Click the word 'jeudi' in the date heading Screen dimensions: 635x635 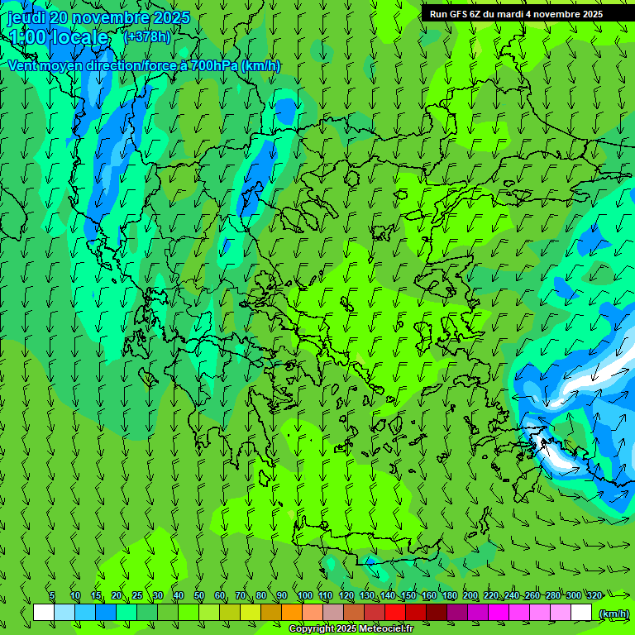[26, 17]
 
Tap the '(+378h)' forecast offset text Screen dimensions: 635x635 [146, 36]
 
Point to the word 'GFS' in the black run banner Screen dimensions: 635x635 [458, 14]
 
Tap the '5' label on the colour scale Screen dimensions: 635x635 [52, 595]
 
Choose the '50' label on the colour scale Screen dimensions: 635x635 [198, 595]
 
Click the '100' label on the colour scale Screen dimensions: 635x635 [305, 595]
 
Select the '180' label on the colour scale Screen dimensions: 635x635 [450, 595]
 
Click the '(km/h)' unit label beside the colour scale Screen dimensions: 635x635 [614, 614]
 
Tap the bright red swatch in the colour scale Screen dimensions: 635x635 [395, 613]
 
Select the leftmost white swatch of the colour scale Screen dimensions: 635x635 [44, 613]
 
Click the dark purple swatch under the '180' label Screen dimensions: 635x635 [457, 613]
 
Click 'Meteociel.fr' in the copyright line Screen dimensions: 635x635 [386, 629]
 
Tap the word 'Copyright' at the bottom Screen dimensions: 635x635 [311, 629]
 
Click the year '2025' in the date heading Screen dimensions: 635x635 [170, 17]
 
